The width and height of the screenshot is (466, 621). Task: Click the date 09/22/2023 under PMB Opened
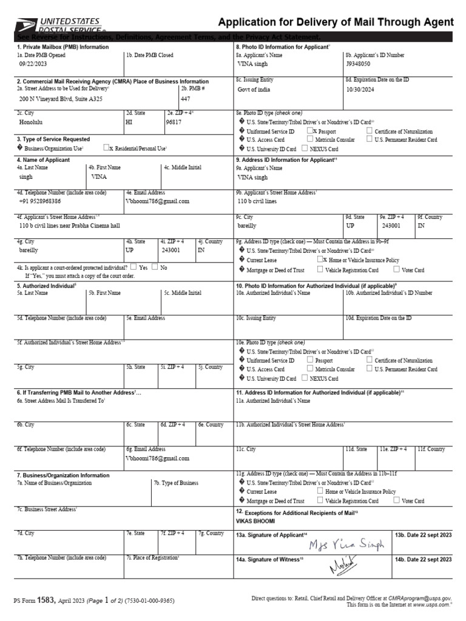pyautogui.click(x=32, y=63)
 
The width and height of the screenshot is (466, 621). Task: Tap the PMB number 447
pyautogui.click(x=185, y=98)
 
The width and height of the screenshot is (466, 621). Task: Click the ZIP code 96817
pyautogui.click(x=174, y=121)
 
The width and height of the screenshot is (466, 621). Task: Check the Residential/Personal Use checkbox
pyautogui.click(x=107, y=147)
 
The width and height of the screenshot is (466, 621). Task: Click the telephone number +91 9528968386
pyautogui.click(x=40, y=201)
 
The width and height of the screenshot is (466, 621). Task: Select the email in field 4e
pyautogui.click(x=158, y=201)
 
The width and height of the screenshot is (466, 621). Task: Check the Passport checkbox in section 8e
pyautogui.click(x=311, y=130)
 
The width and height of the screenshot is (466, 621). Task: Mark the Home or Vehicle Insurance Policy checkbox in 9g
pyautogui.click(x=320, y=259)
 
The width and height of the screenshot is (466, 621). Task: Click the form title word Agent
pyautogui.click(x=436, y=22)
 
